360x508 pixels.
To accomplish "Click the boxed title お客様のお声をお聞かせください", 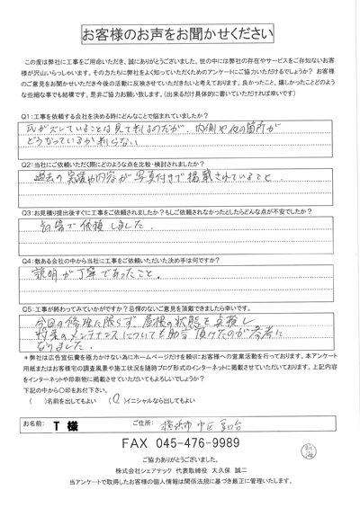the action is (180, 34).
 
